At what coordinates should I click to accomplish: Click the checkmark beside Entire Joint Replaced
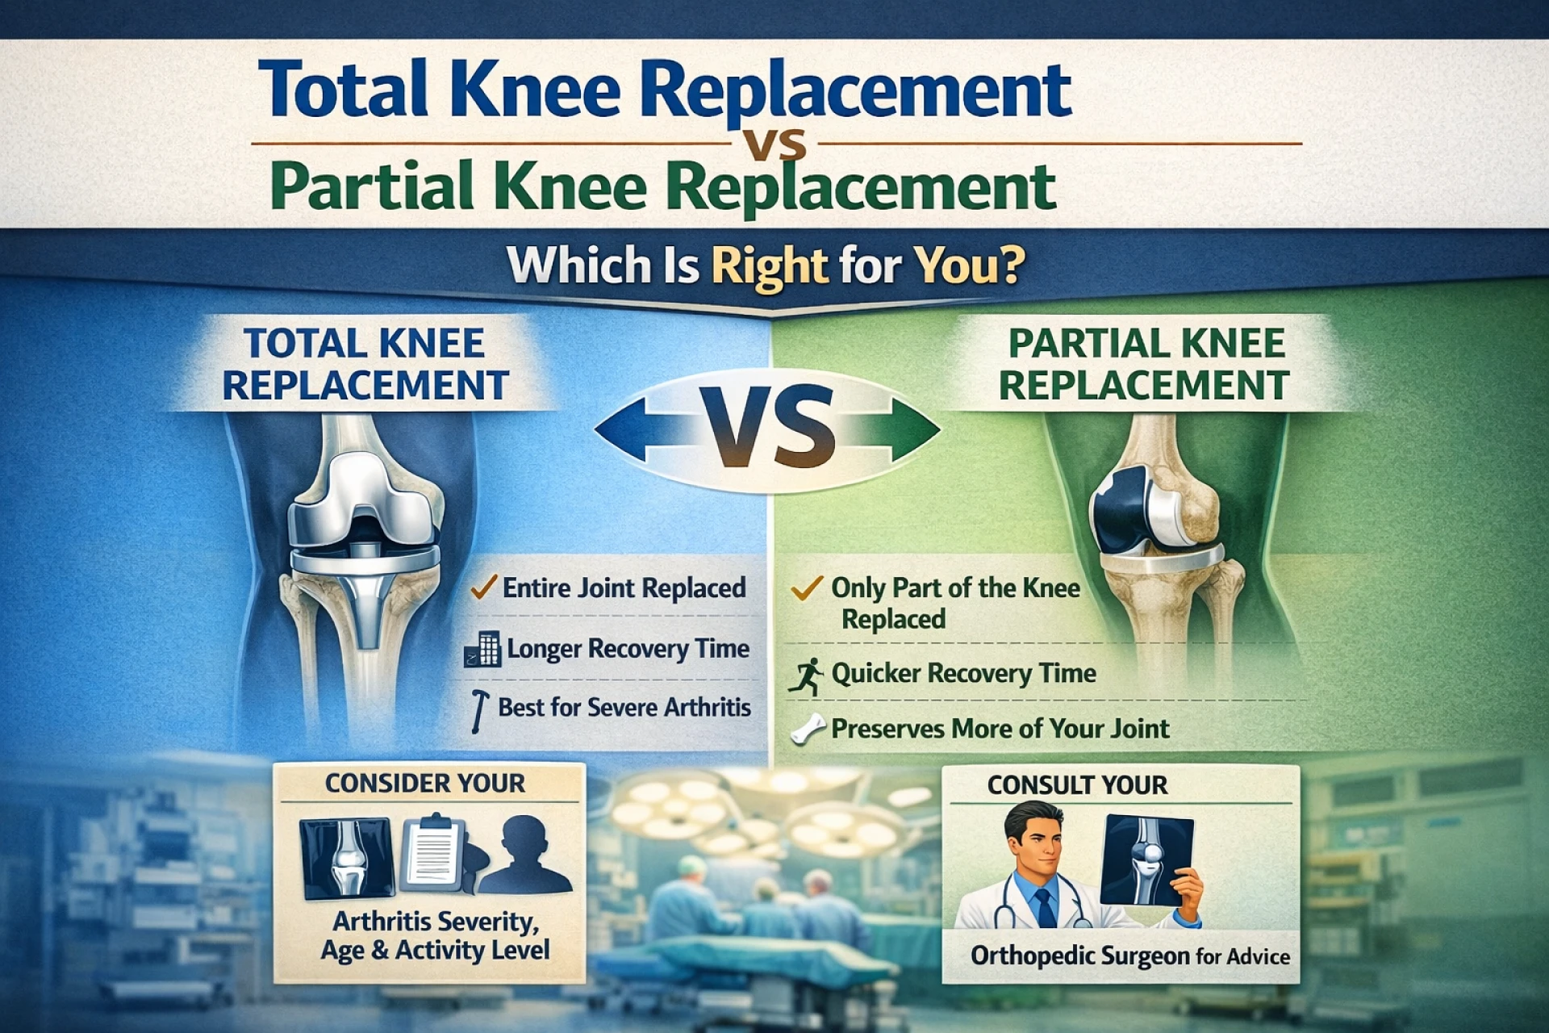pyautogui.click(x=482, y=587)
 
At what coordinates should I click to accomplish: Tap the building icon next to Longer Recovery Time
pyautogui.click(x=482, y=650)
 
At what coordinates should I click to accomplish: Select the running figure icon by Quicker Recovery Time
pyautogui.click(x=806, y=676)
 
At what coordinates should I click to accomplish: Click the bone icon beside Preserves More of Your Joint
pyautogui.click(x=808, y=729)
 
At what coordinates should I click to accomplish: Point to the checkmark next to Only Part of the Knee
pyautogui.click(x=807, y=588)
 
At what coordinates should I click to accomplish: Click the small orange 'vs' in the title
pyautogui.click(x=774, y=145)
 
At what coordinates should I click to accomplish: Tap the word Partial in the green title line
pyautogui.click(x=372, y=186)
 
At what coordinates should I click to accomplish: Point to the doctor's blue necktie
pyautogui.click(x=1046, y=907)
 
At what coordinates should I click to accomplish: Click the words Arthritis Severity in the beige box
pyautogui.click(x=436, y=921)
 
